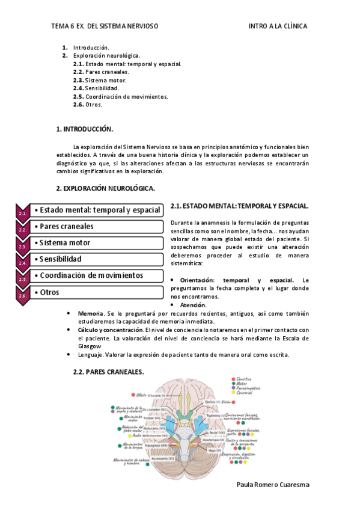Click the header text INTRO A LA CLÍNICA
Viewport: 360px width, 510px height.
(278, 26)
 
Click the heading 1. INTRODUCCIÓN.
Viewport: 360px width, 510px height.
(85, 129)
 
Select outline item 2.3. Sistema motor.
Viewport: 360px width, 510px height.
(100, 80)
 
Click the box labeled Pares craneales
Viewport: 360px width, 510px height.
(96, 227)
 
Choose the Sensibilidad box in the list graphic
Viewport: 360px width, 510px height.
(96, 259)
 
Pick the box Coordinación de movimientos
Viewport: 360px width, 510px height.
(96, 275)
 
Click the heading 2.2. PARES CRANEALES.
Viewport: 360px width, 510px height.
(108, 372)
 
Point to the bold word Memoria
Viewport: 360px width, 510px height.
(90, 313)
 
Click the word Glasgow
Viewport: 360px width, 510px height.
(89, 346)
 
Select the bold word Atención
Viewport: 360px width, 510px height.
(193, 305)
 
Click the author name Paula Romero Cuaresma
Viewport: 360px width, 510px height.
(272, 485)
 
